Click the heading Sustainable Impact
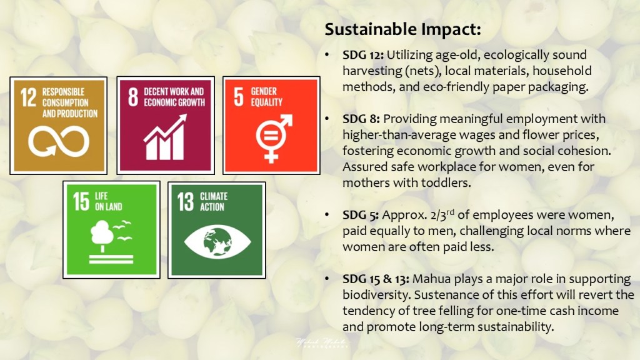point(402,29)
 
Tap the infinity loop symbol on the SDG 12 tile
point(59,141)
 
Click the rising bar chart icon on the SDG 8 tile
point(165,137)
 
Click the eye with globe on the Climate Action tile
point(217,242)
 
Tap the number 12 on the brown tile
point(29,97)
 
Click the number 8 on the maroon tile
point(133,97)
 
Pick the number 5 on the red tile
point(239,97)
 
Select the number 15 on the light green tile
point(81,202)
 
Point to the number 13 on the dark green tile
point(186,202)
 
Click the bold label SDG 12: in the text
point(363,55)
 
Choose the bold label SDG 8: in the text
point(361,119)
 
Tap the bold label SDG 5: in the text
point(361,215)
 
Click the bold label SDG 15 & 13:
point(376,279)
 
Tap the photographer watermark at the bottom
point(322,343)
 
